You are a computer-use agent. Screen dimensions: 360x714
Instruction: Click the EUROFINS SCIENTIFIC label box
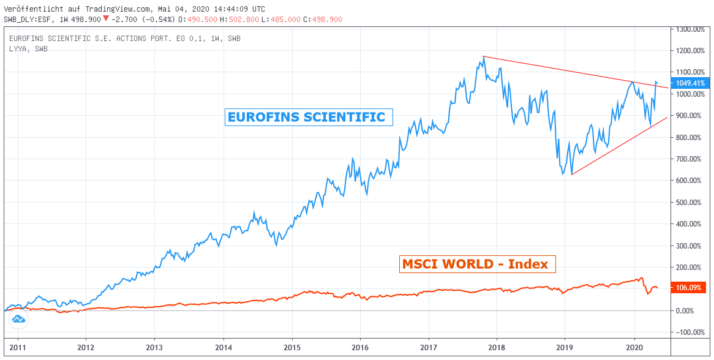tap(309, 117)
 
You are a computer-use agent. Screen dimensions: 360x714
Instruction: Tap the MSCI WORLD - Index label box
tap(477, 264)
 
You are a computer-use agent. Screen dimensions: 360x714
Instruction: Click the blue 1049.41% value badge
tap(690, 83)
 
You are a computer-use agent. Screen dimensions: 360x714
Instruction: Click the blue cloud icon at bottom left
tap(18, 319)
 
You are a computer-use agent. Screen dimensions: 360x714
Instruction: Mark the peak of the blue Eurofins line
tap(483, 57)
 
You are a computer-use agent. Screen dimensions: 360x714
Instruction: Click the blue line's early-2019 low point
tap(571, 174)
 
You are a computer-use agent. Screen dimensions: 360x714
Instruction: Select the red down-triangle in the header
tap(107, 20)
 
